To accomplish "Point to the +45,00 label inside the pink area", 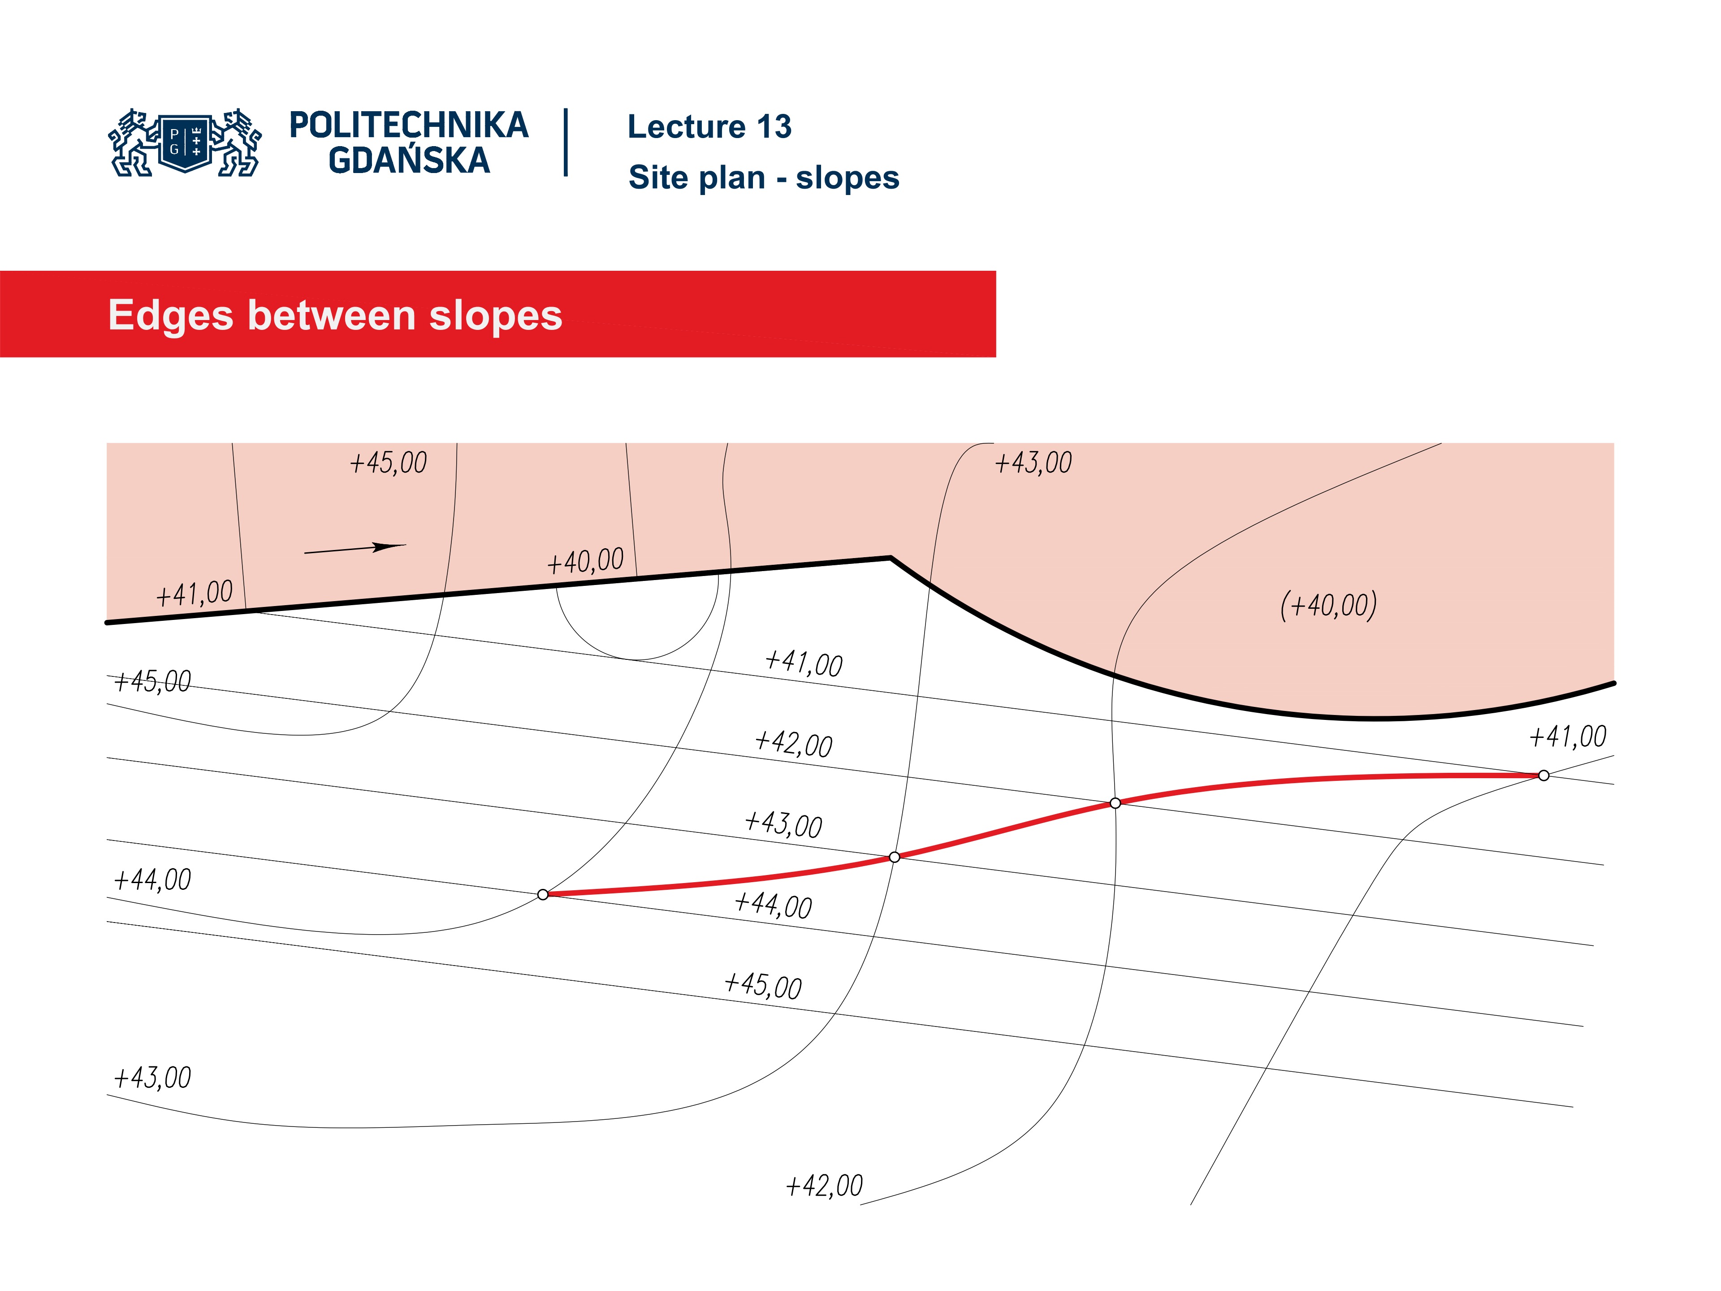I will [x=388, y=463].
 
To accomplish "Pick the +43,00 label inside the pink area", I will [x=1033, y=463].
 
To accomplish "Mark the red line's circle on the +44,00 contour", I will [x=543, y=895].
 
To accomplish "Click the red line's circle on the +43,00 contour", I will [x=895, y=857].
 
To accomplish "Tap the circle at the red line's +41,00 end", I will [x=1544, y=775].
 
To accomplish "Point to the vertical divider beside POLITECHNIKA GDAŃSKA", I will [x=566, y=143].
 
